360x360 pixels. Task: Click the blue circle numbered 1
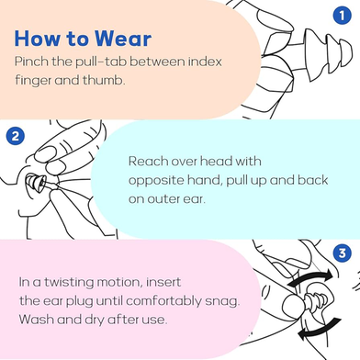[x=342, y=15]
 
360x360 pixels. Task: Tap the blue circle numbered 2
[x=15, y=136]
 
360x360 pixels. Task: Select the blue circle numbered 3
[x=342, y=253]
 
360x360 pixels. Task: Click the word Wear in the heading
[x=123, y=39]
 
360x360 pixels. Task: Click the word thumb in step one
[x=104, y=80]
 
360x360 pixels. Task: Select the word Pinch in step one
[x=31, y=62]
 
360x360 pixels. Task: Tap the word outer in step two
[x=163, y=199]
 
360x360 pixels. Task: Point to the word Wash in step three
[x=37, y=320]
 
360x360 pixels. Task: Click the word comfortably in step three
[x=163, y=301]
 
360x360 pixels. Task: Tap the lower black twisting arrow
[x=321, y=329]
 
